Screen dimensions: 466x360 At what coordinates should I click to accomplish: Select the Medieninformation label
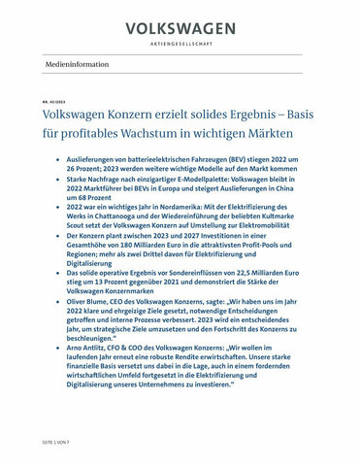(81, 63)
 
